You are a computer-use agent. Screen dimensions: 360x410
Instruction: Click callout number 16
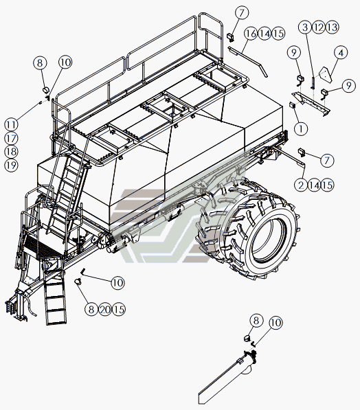[251, 34]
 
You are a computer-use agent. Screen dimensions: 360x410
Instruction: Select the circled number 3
[305, 27]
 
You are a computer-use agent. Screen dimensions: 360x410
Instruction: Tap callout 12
[319, 27]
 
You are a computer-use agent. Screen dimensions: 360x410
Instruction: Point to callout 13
[333, 27]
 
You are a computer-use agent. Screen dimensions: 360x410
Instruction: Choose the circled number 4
[341, 53]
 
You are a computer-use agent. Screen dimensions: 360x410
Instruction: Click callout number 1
[301, 128]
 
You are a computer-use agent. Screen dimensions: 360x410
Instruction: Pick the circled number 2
[301, 185]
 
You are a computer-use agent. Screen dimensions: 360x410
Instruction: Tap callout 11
[11, 124]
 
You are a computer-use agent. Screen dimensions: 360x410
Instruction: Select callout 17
[11, 138]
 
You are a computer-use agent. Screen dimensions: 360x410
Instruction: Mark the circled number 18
[11, 152]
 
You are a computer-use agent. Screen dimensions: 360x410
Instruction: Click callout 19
[11, 166]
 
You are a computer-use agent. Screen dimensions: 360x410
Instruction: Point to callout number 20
[105, 309]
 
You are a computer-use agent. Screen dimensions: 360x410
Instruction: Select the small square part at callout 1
[292, 106]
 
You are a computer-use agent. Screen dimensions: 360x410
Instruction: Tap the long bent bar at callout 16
[248, 60]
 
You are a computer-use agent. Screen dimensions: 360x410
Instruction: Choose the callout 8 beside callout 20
[91, 309]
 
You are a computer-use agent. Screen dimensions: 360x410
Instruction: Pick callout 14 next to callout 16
[265, 34]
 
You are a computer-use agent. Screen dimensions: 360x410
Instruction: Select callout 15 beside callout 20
[119, 309]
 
